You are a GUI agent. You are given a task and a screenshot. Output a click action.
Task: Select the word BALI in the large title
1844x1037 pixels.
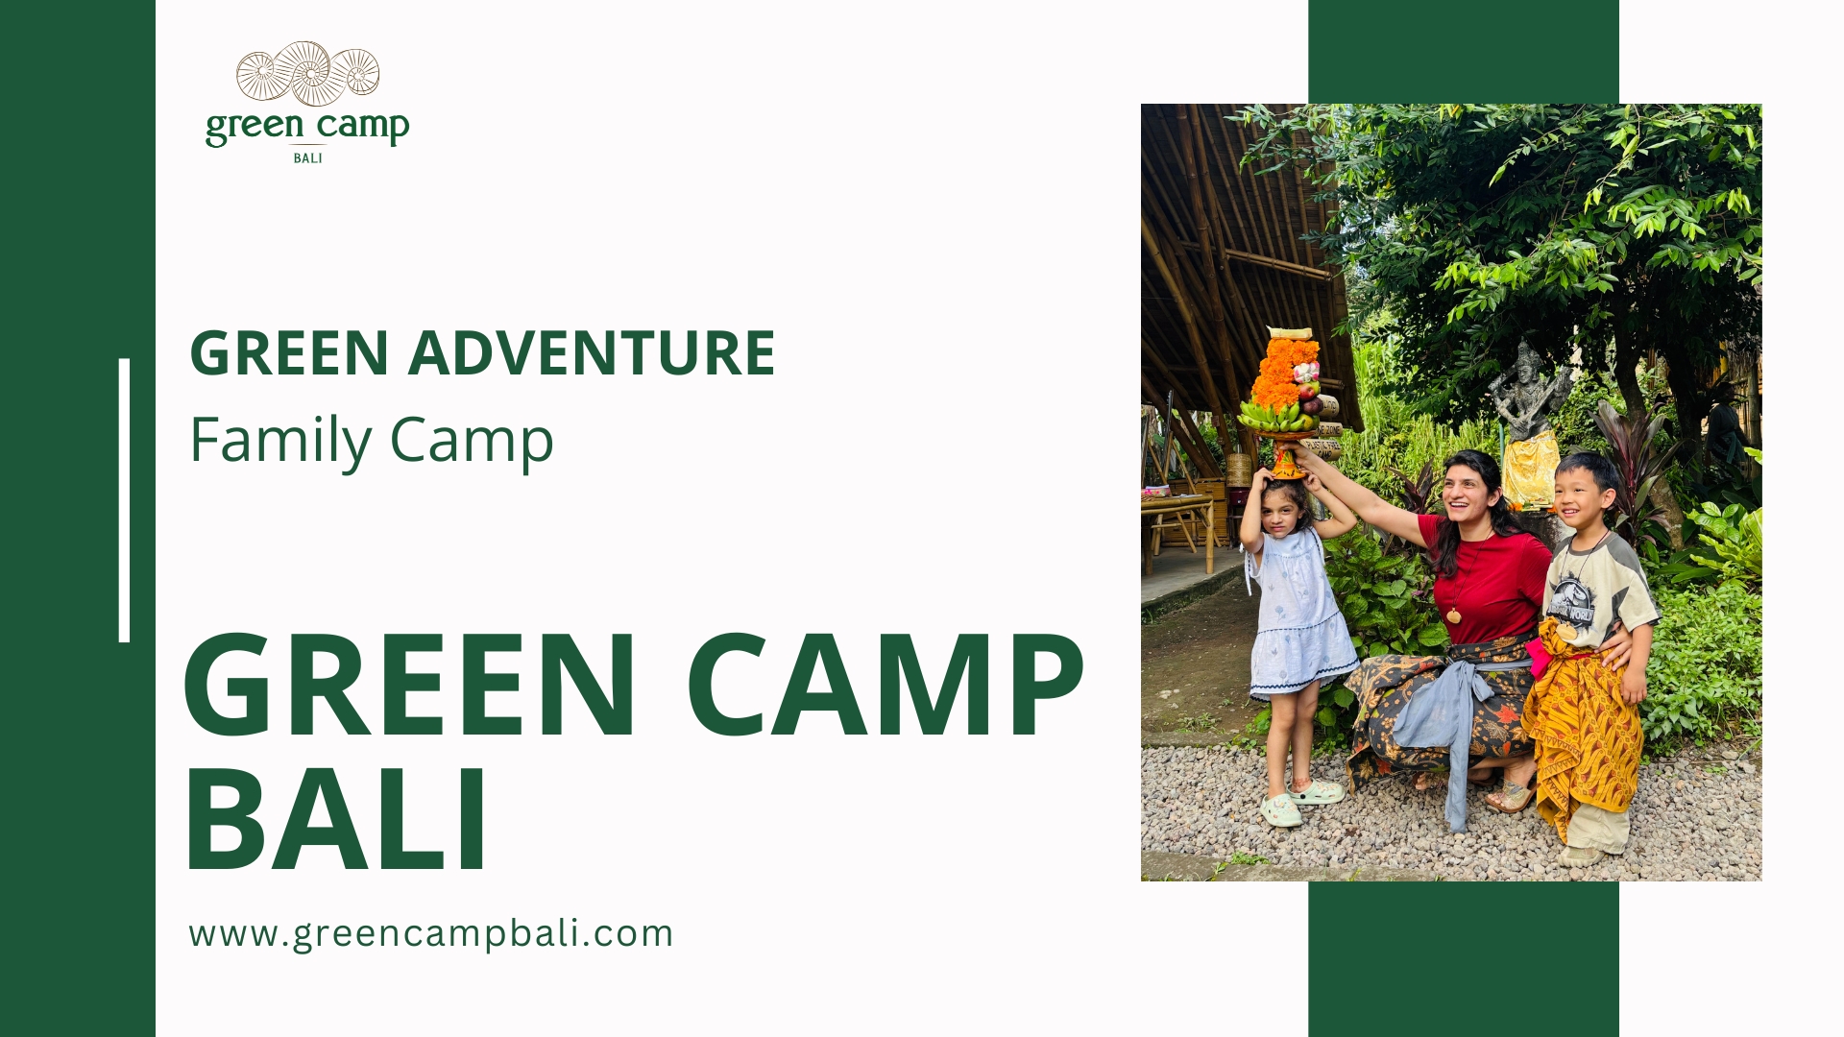point(335,820)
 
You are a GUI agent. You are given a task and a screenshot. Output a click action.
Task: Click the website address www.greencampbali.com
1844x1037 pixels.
point(430,933)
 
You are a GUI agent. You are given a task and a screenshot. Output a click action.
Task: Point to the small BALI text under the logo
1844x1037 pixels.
point(307,158)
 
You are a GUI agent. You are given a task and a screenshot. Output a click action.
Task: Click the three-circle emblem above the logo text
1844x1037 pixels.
point(307,73)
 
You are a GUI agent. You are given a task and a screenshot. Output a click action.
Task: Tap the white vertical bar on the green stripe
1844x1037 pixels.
point(124,499)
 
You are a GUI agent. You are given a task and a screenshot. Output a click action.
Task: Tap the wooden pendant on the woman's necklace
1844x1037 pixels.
point(1454,615)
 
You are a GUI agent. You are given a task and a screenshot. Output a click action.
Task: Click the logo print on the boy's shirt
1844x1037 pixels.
point(1570,600)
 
